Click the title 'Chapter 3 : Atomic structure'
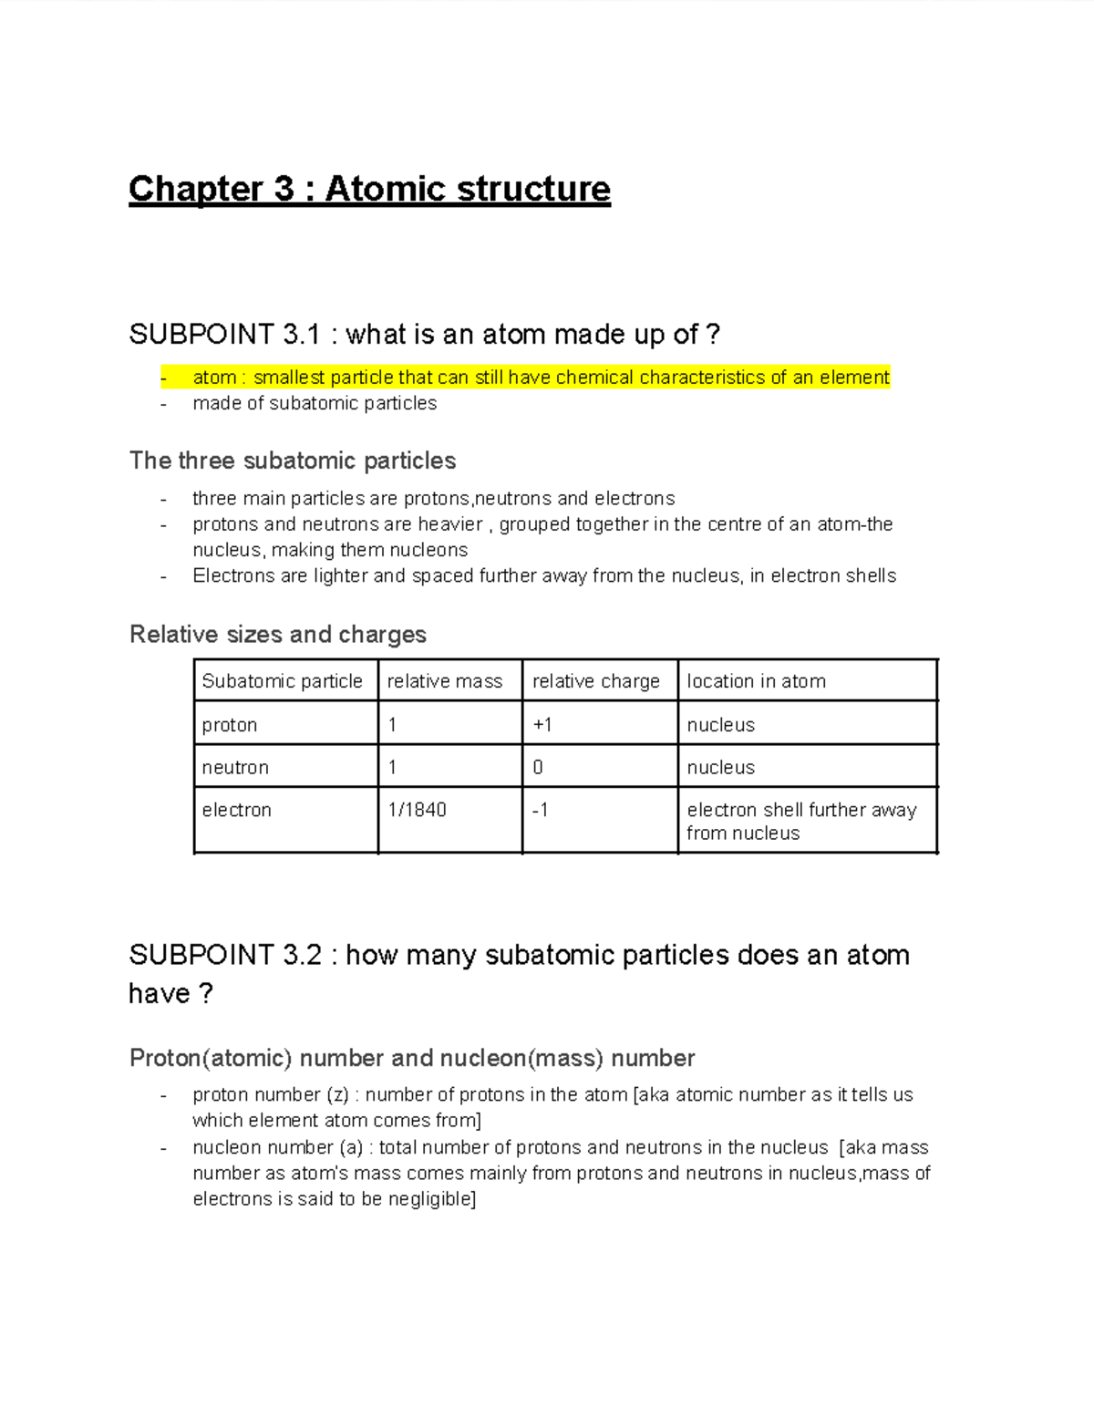pyautogui.click(x=369, y=189)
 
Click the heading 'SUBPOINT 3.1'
pyautogui.click(x=224, y=335)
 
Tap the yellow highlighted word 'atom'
pyautogui.click(x=214, y=378)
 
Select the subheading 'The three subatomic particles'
pyautogui.click(x=293, y=461)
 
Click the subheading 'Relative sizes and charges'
pyautogui.click(x=278, y=634)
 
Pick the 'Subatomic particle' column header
pyautogui.click(x=282, y=681)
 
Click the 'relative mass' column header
pyautogui.click(x=445, y=681)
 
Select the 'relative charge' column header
pyautogui.click(x=596, y=681)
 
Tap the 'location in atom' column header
pyautogui.click(x=756, y=681)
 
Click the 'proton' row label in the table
pyautogui.click(x=230, y=725)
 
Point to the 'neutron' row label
pyautogui.click(x=235, y=768)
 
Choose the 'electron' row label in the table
pyautogui.click(x=237, y=810)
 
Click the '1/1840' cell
pyautogui.click(x=417, y=810)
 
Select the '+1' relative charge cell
pyautogui.click(x=542, y=725)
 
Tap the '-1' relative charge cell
pyautogui.click(x=541, y=810)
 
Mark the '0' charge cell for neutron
pyautogui.click(x=538, y=768)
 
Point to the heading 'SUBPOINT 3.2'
pyautogui.click(x=225, y=955)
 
